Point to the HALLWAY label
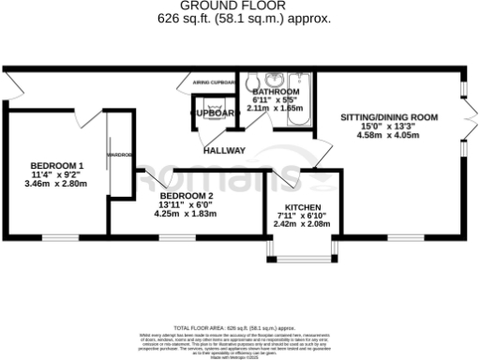(224, 151)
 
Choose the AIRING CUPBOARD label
(214, 82)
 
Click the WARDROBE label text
(119, 155)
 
